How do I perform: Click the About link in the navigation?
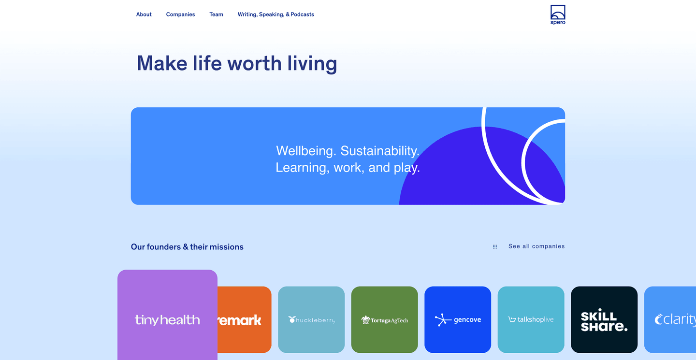click(x=144, y=14)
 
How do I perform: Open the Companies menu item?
click(x=180, y=14)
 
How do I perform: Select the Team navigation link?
click(x=216, y=14)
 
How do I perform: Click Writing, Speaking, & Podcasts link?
click(x=275, y=14)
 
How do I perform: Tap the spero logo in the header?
click(x=558, y=15)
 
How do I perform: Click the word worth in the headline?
click(x=254, y=63)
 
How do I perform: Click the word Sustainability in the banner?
click(x=380, y=151)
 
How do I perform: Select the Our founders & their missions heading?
click(x=187, y=247)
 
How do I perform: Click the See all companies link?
click(x=536, y=246)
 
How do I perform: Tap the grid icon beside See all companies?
click(x=495, y=246)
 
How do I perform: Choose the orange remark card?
click(x=244, y=320)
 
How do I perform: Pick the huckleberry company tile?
click(x=311, y=320)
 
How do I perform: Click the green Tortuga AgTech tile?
click(x=384, y=320)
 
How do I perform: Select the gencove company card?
click(x=458, y=320)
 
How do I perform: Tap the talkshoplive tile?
click(x=531, y=320)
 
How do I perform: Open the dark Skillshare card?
click(x=604, y=320)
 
